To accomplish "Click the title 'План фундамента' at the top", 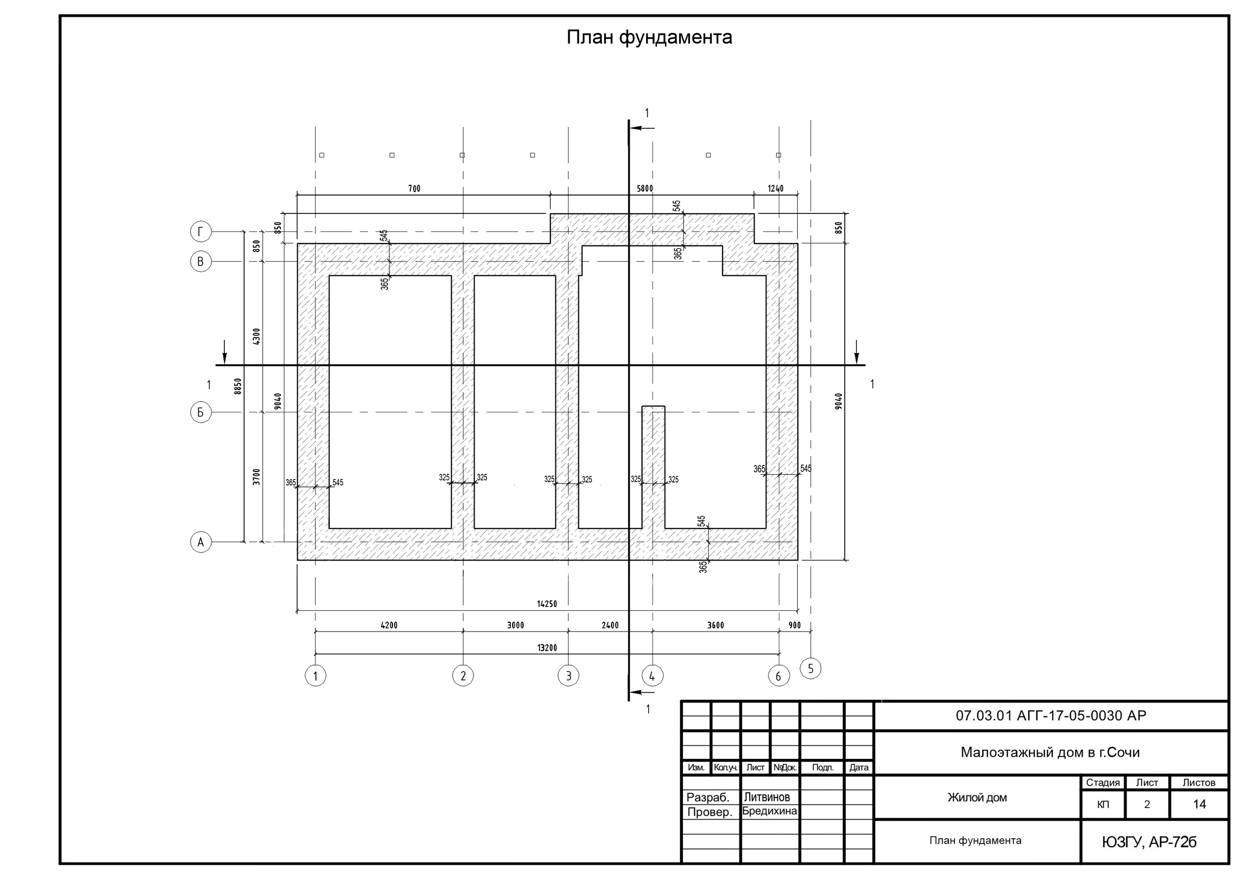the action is [x=649, y=37].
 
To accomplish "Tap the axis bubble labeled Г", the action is [x=201, y=231].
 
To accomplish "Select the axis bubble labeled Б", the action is [x=201, y=412].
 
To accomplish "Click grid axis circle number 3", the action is [x=568, y=675].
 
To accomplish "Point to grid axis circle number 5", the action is [x=811, y=669].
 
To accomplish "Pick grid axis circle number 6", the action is [x=779, y=675].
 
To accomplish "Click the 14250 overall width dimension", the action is [x=546, y=604].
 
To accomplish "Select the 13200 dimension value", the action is [x=547, y=648].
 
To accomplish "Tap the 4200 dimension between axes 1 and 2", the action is [x=389, y=625].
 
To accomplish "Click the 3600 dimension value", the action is [x=715, y=625].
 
